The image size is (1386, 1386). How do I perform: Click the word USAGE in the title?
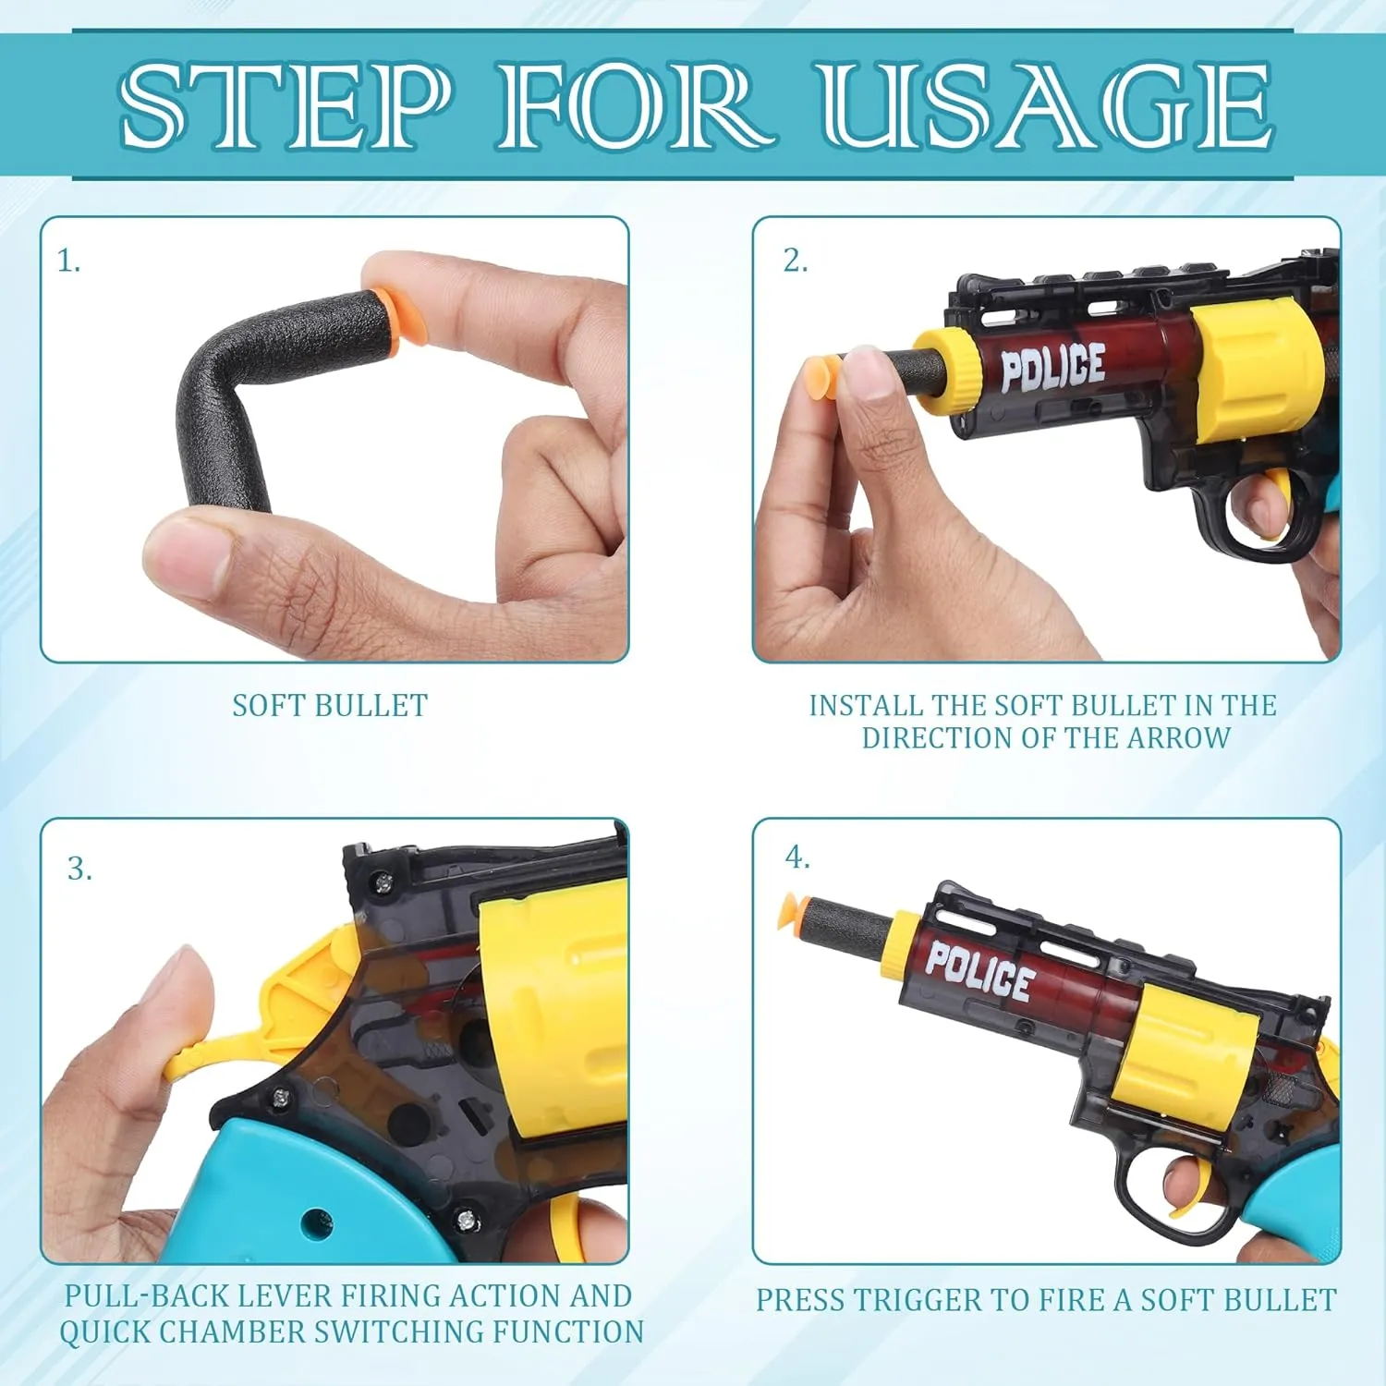point(1048,104)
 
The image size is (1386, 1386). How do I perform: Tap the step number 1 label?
point(68,261)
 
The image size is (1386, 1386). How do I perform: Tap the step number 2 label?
point(795,261)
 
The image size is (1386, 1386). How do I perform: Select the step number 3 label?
point(79,869)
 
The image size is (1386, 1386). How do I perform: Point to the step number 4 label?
point(796,857)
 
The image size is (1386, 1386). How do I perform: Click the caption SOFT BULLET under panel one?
point(330,706)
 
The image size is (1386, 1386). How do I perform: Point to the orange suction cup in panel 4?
point(796,910)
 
